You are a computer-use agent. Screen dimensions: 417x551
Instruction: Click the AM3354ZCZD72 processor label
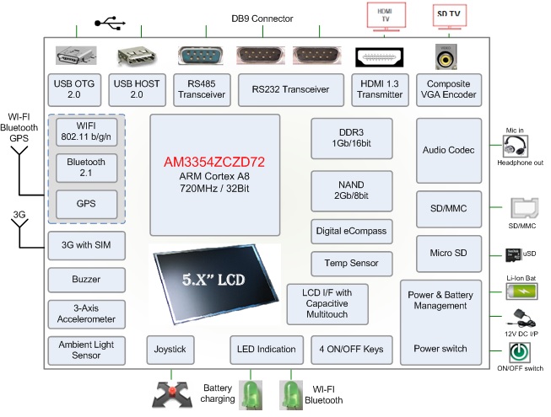pyautogui.click(x=214, y=159)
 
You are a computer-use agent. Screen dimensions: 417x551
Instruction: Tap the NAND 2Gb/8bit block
pyautogui.click(x=351, y=190)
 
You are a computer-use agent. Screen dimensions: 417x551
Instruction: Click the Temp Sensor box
pyautogui.click(x=351, y=263)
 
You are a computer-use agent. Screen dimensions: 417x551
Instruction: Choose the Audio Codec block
pyautogui.click(x=448, y=150)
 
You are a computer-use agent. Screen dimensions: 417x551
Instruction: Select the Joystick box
pyautogui.click(x=171, y=349)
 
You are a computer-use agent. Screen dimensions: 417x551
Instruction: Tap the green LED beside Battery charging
pyautogui.click(x=251, y=393)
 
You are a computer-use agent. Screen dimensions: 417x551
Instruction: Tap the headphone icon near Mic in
pyautogui.click(x=515, y=147)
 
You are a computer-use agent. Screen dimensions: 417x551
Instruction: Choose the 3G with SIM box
pyautogui.click(x=85, y=245)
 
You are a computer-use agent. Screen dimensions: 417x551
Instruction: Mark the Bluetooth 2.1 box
pyautogui.click(x=85, y=168)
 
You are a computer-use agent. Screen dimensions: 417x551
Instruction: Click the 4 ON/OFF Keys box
pyautogui.click(x=351, y=349)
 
